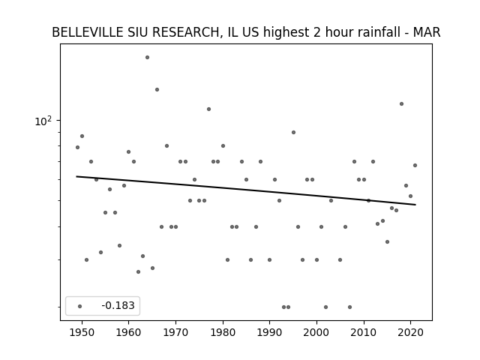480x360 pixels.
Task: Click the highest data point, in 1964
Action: (x=147, y=57)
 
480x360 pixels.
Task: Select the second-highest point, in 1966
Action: (x=157, y=90)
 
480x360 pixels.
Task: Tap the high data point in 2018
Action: (x=402, y=103)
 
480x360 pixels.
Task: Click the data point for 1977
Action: (x=208, y=109)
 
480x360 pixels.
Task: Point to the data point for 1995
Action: (x=293, y=132)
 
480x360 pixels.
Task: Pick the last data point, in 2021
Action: (x=415, y=165)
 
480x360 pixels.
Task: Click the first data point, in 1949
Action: (x=77, y=147)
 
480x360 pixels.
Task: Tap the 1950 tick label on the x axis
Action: (x=82, y=332)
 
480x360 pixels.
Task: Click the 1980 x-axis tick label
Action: (x=223, y=332)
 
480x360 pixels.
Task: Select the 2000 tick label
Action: (x=316, y=332)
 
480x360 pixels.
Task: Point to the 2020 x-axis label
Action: (x=410, y=332)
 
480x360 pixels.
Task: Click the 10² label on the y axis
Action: (x=43, y=121)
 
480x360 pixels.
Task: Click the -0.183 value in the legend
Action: (x=118, y=305)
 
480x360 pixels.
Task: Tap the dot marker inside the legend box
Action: (x=80, y=306)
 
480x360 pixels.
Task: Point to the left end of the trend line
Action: (x=76, y=176)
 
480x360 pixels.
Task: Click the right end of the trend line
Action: (x=415, y=205)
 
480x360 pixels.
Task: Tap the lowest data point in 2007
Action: (x=350, y=307)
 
